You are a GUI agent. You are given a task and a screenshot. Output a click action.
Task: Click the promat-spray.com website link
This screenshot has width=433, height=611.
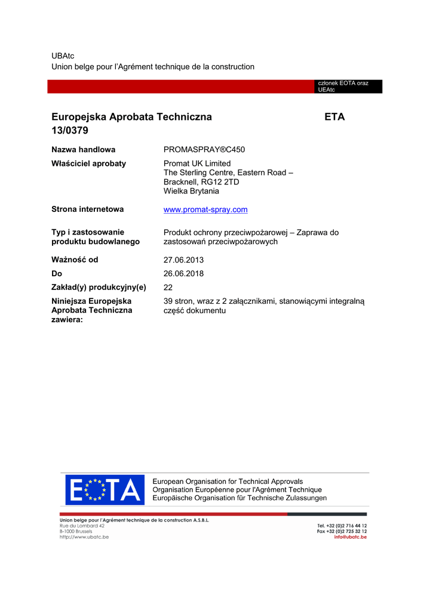tap(205, 210)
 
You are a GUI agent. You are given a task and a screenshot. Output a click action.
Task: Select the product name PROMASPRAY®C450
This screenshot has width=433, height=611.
tap(204, 150)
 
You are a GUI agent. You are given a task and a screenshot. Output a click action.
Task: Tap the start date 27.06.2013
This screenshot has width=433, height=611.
tap(183, 260)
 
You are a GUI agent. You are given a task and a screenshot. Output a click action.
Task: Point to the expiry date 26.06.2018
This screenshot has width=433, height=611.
tap(183, 274)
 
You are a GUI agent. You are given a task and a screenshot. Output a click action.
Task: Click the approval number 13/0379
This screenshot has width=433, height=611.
tap(70, 130)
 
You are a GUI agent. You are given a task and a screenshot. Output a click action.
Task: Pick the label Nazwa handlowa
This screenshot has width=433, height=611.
tap(84, 150)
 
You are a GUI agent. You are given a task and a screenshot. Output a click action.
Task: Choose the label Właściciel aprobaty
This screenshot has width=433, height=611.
tap(89, 163)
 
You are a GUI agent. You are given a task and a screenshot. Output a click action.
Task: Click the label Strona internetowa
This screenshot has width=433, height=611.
tap(88, 209)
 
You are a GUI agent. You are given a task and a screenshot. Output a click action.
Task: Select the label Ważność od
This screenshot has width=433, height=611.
tap(75, 260)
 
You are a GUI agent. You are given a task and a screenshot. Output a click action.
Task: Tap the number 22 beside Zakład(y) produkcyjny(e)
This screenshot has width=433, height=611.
tap(168, 288)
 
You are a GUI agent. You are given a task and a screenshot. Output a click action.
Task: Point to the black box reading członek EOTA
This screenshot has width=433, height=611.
tap(348, 87)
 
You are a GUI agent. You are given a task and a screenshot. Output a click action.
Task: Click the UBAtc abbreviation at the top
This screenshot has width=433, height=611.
tap(63, 55)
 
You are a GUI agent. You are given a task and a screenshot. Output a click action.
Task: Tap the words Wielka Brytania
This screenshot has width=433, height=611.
tap(191, 192)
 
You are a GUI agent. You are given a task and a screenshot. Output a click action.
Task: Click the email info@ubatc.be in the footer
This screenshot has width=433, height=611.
tap(351, 537)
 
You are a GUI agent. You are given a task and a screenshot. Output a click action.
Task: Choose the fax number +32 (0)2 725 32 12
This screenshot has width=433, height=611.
tap(342, 531)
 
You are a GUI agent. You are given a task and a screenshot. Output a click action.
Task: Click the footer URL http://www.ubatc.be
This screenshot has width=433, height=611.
tap(84, 537)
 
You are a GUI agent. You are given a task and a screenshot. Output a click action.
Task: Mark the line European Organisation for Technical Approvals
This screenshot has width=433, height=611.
tap(228, 482)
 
